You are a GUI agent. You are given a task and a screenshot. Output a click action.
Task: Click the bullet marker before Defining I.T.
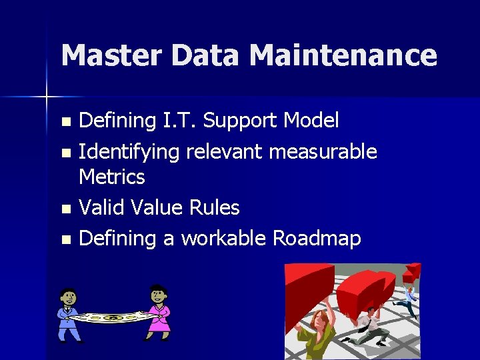65,122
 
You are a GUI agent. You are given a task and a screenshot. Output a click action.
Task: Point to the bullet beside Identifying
65,153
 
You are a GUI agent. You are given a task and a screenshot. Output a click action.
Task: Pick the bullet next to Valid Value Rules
65,209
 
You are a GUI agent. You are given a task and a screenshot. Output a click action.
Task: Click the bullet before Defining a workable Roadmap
65,240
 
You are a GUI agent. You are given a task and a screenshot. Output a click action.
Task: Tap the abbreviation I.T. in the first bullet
179,121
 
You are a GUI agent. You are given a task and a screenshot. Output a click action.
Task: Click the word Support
241,121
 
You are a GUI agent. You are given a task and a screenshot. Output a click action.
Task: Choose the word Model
311,121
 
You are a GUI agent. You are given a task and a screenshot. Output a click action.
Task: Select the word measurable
323,152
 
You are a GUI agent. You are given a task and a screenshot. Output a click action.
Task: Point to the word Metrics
111,177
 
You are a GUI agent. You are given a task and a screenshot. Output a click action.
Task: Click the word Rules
214,208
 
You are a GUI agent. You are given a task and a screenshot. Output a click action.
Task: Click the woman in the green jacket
315,331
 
